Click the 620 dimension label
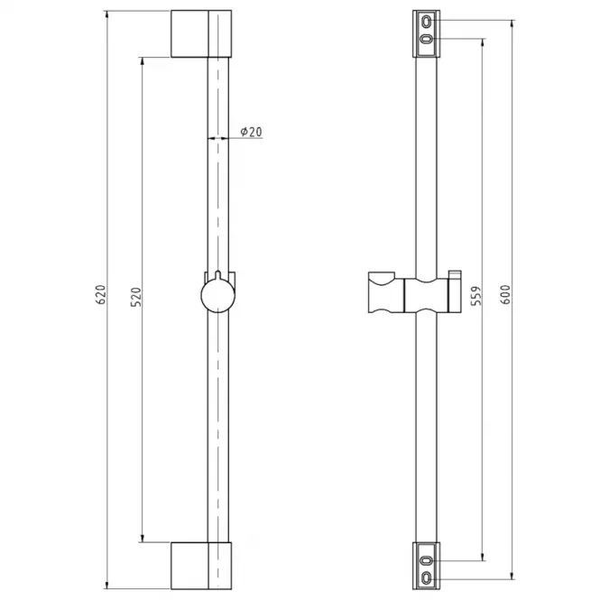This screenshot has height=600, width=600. point(101,295)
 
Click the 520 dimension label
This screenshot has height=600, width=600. point(136,297)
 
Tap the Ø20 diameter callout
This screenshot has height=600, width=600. point(251,132)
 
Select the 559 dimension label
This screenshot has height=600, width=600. point(476,296)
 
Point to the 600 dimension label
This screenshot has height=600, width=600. point(505,295)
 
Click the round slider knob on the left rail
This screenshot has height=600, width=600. point(217,296)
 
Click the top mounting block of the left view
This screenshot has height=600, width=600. point(201,34)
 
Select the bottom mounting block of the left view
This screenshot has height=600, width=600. point(201,566)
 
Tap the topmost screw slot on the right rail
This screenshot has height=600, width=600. point(426,21)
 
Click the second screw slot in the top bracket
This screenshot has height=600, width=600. point(426,39)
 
